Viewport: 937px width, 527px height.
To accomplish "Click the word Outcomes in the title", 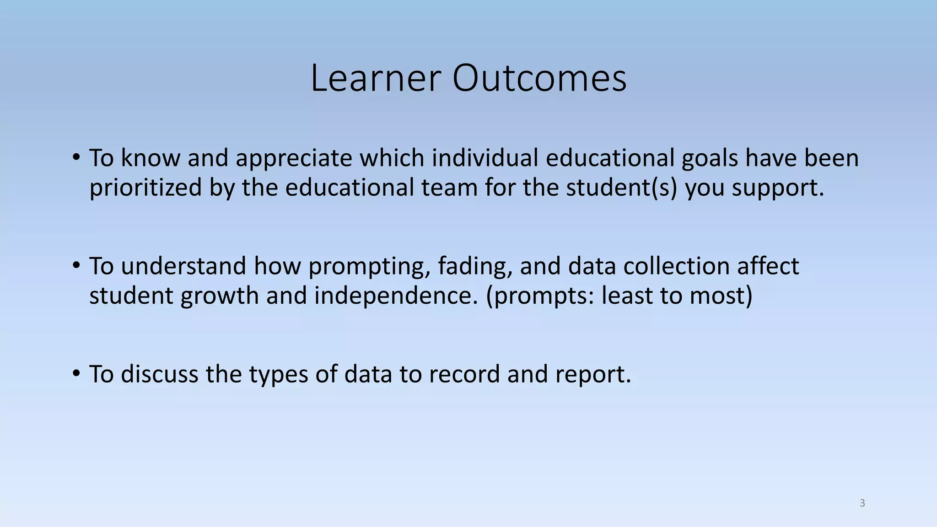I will [x=539, y=78].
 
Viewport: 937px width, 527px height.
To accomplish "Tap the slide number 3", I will [x=862, y=503].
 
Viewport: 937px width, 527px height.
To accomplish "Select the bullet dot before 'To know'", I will [x=76, y=157].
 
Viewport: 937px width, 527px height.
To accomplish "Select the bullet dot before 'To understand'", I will [x=76, y=265].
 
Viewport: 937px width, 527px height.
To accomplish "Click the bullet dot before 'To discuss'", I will [x=76, y=373].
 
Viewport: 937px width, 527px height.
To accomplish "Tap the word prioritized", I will [x=145, y=188].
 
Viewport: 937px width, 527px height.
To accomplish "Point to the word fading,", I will [x=475, y=267].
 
